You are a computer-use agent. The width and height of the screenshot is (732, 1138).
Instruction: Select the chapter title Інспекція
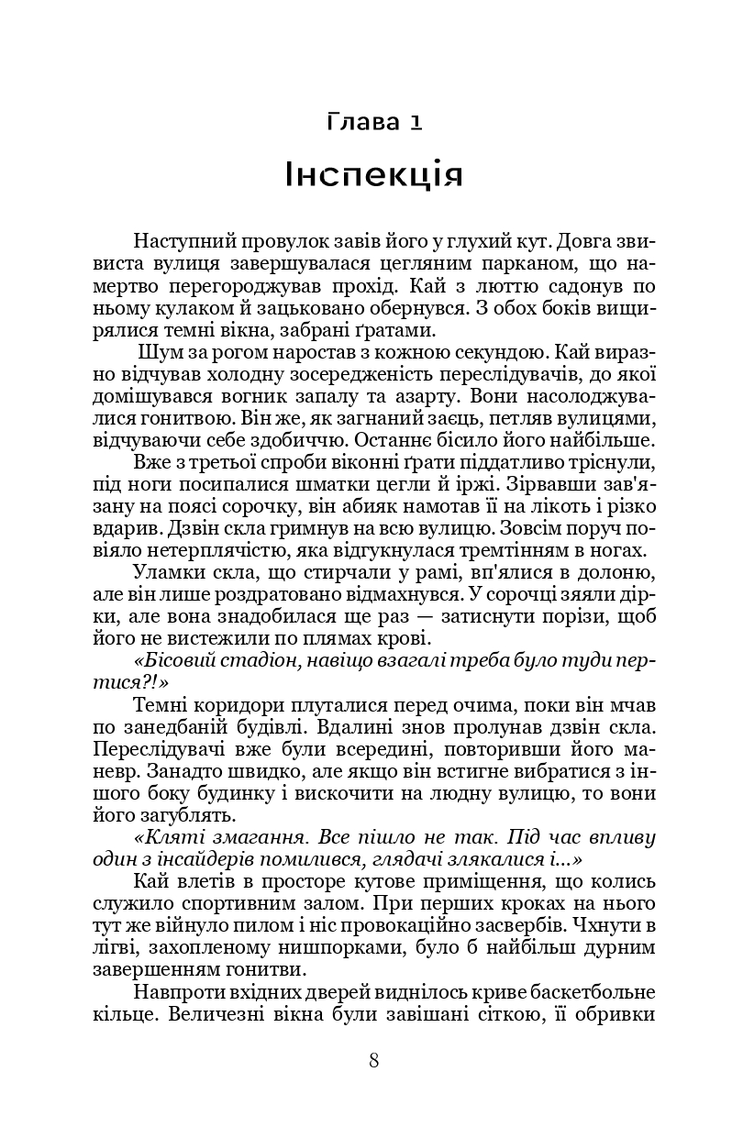[x=372, y=173]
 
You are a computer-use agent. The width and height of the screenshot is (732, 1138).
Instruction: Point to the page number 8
[x=373, y=1061]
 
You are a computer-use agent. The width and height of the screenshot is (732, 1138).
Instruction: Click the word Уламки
[x=170, y=572]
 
